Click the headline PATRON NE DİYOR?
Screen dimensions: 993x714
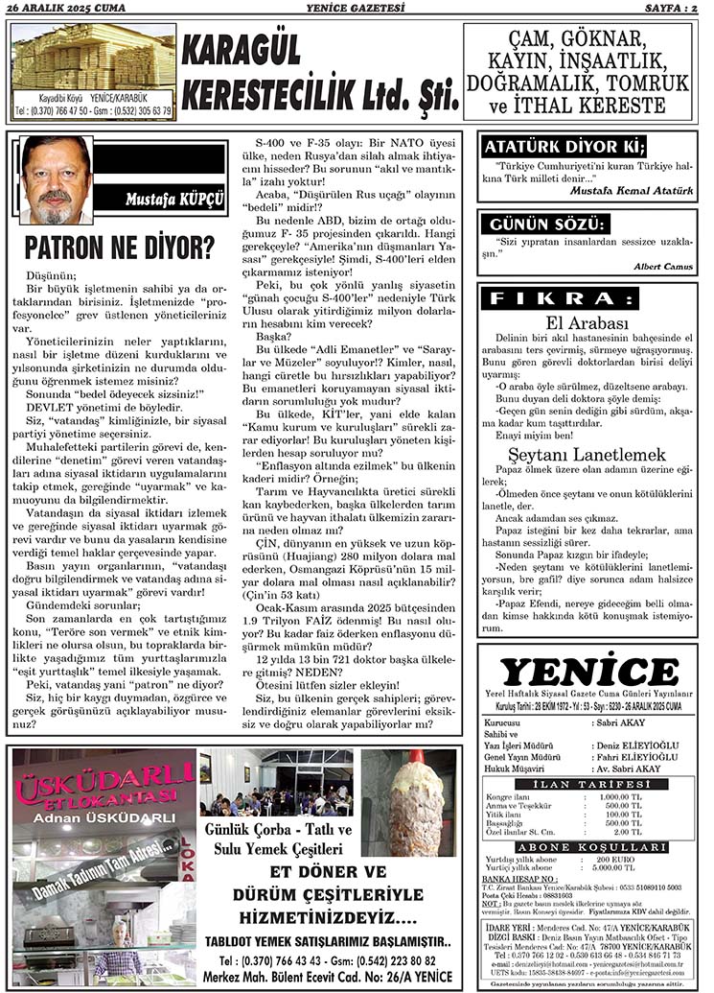click(120, 248)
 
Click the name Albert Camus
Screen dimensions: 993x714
click(664, 266)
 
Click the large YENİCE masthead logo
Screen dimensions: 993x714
click(588, 672)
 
